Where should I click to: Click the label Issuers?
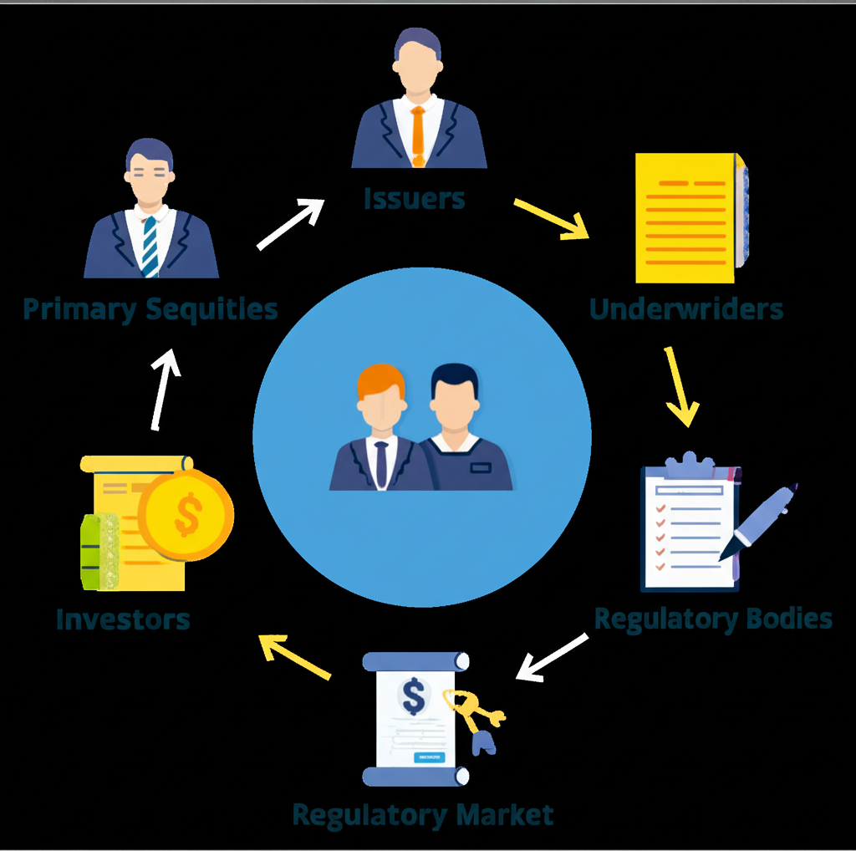pos(414,199)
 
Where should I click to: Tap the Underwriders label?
pos(686,309)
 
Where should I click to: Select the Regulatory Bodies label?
pos(713,619)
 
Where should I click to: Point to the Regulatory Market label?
pos(423,813)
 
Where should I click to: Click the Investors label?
pos(123,619)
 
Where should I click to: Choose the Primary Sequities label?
pos(150,309)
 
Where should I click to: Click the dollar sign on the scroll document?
pos(414,696)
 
